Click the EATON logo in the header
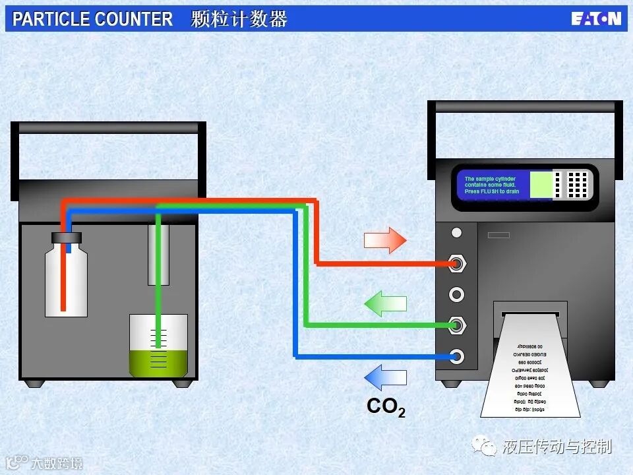click(x=595, y=18)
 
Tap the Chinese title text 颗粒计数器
click(x=239, y=19)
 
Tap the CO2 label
click(x=386, y=407)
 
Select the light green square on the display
click(x=541, y=184)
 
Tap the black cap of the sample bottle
click(x=66, y=237)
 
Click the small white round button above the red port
click(x=456, y=233)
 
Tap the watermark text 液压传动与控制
click(x=557, y=447)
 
